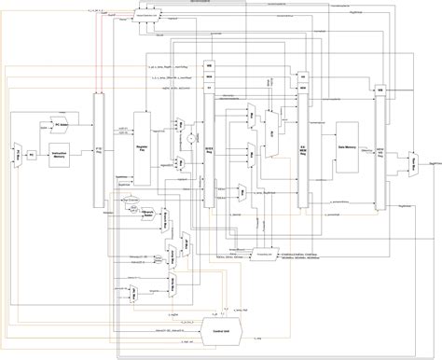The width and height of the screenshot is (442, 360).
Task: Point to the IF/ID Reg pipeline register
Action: pyautogui.click(x=99, y=149)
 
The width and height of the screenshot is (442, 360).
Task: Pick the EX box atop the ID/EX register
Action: pyautogui.click(x=209, y=87)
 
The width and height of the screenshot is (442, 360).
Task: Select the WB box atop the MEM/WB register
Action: pyautogui.click(x=380, y=90)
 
